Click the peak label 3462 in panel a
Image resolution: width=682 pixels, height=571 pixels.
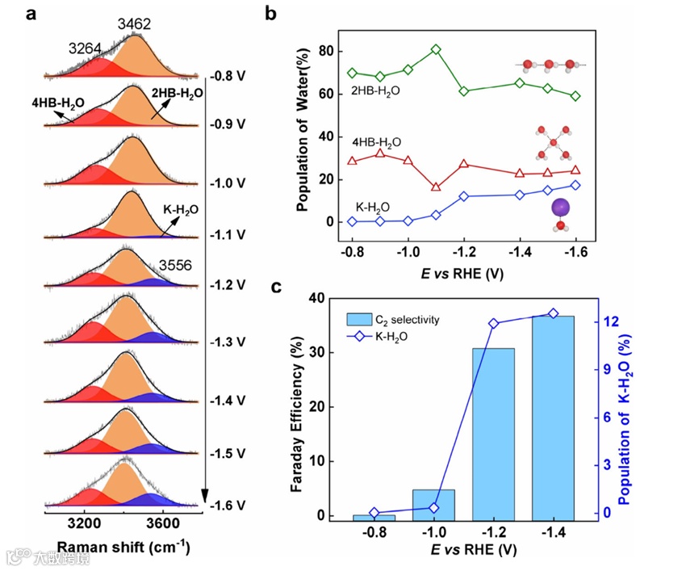tap(134, 25)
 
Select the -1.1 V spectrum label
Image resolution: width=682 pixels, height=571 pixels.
tap(228, 235)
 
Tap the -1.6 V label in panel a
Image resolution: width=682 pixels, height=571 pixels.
tap(228, 506)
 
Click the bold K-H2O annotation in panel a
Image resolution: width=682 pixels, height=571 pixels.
tap(180, 209)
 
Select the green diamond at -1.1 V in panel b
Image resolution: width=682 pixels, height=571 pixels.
tap(436, 49)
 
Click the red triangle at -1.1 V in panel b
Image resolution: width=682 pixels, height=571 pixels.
tap(436, 187)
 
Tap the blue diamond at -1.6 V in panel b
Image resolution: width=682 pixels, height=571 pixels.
tap(575, 185)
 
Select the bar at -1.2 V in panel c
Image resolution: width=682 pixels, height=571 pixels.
tap(493, 434)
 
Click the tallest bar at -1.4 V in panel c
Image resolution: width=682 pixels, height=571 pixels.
tap(553, 418)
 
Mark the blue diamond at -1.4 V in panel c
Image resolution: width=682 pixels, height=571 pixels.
tap(553, 313)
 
